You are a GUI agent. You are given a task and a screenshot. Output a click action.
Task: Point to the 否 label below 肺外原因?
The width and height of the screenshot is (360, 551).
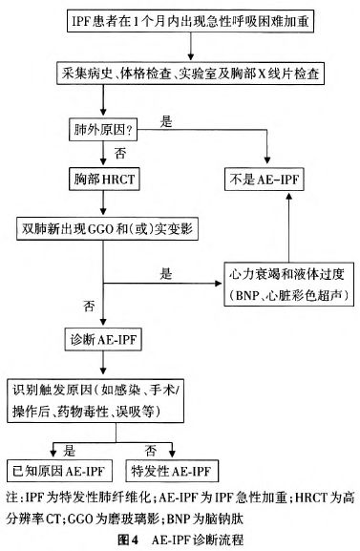pos(95,153)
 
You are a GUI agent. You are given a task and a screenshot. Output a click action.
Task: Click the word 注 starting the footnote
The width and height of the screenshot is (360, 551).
pos(11,498)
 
